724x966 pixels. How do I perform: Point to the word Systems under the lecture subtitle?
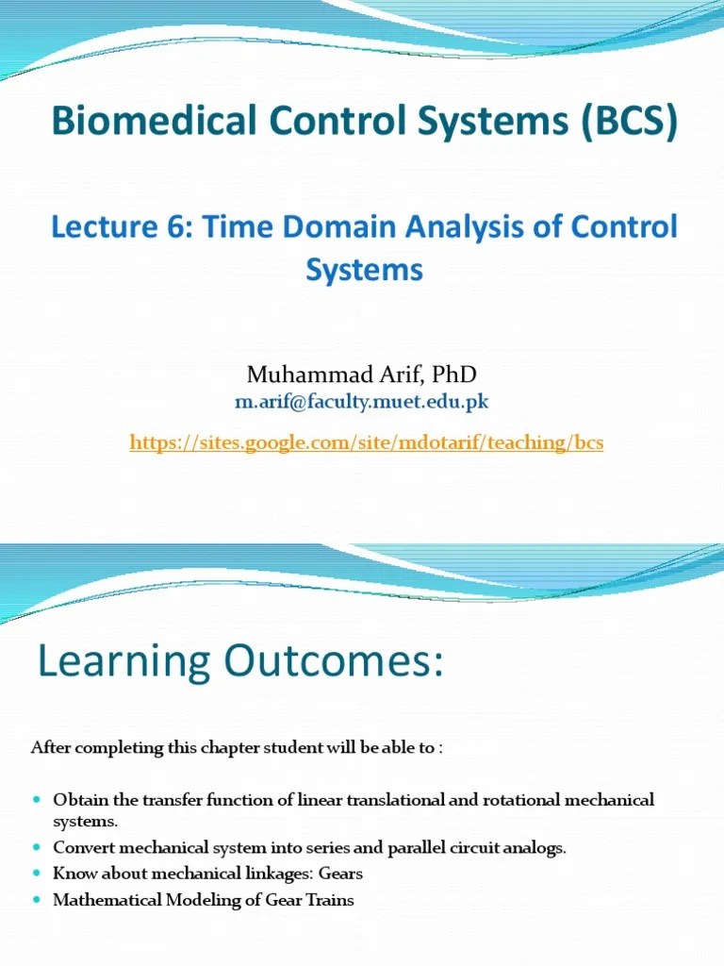pos(364,270)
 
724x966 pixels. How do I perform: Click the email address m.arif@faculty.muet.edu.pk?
pos(362,402)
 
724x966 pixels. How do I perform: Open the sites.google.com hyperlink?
pos(366,442)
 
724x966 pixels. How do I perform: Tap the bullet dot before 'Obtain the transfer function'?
pos(37,800)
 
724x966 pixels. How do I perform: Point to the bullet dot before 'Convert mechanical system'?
pos(37,847)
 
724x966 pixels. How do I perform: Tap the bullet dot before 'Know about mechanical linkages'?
pos(37,874)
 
